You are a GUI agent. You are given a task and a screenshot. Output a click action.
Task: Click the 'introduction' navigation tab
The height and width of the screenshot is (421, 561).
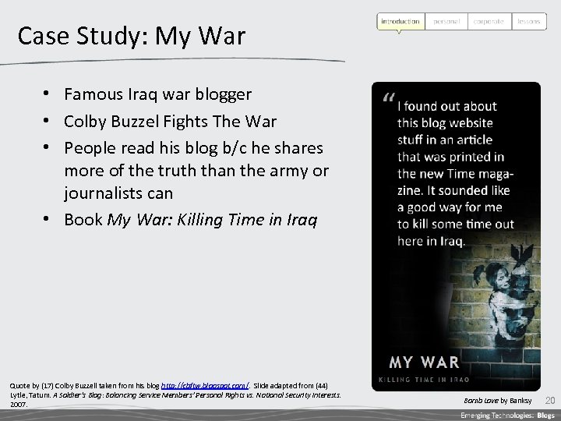click(400, 21)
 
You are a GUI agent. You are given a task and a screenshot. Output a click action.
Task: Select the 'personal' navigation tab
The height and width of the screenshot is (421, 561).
click(446, 21)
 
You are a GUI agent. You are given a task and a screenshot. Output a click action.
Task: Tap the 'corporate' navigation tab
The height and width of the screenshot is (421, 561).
click(489, 21)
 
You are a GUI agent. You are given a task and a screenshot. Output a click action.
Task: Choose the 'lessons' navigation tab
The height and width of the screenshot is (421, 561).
click(529, 21)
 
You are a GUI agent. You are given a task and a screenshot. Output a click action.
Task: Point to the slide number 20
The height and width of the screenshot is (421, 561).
click(549, 400)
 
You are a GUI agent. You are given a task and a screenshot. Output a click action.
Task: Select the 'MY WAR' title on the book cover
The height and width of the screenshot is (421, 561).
click(424, 362)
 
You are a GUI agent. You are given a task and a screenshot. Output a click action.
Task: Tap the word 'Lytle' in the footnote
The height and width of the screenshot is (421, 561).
click(17, 395)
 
